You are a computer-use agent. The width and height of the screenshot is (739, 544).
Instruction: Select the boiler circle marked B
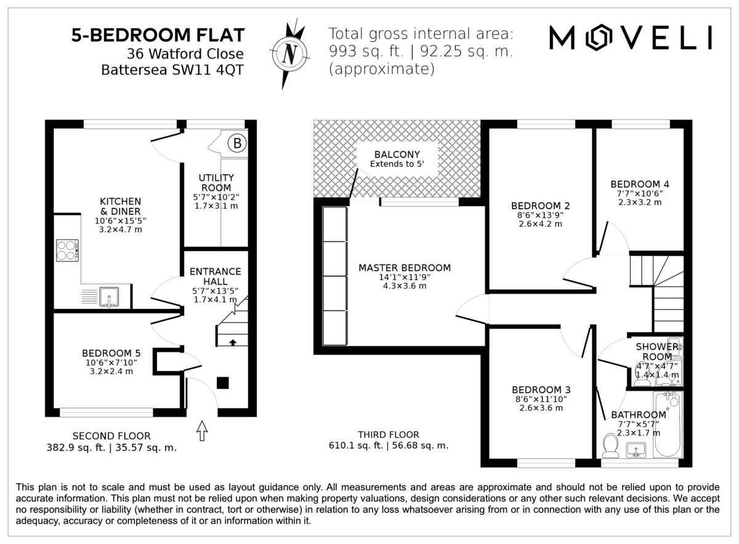[x=237, y=144]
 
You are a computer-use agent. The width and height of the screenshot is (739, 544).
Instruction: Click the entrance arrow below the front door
[x=201, y=430]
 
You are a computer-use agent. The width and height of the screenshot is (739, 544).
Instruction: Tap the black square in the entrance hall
[x=223, y=383]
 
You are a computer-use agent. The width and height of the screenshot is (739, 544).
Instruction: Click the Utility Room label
[x=216, y=183]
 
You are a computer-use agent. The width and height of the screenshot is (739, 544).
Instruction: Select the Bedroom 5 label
[x=111, y=353]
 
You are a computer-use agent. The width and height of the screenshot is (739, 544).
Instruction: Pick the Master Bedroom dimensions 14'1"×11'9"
[x=405, y=278]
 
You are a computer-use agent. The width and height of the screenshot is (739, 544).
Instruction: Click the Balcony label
[x=397, y=154]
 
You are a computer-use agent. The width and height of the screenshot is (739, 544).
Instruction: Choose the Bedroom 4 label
[x=640, y=184]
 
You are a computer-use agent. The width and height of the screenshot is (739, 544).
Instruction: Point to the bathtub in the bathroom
[x=669, y=425]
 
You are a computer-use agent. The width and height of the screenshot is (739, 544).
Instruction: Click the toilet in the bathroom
[x=611, y=446]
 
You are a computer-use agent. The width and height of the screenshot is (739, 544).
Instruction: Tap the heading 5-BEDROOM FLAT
[x=158, y=35]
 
